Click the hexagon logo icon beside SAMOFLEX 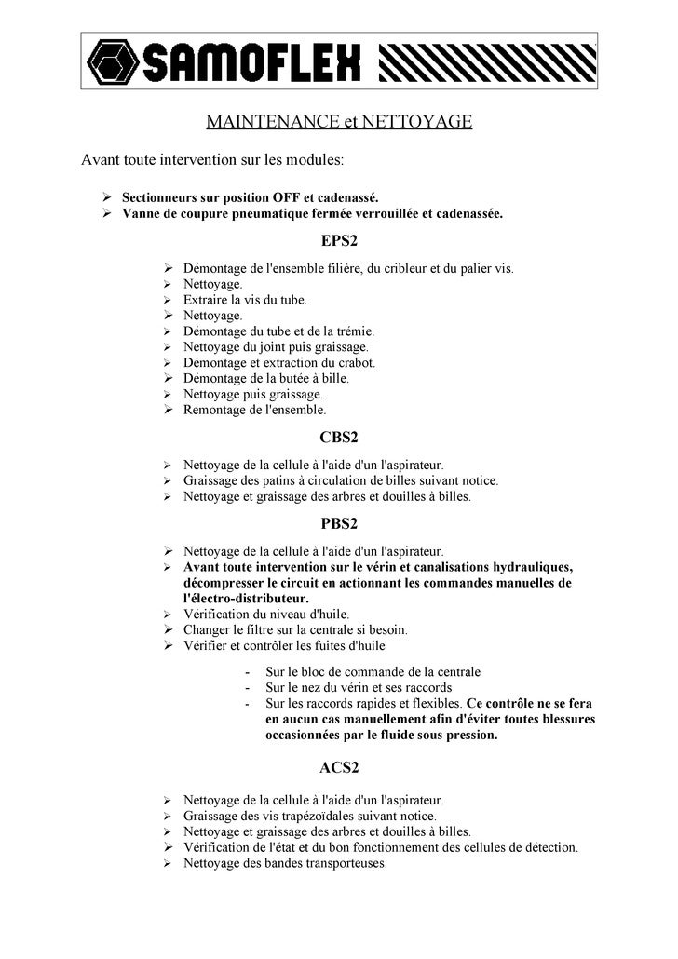112,61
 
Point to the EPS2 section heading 339,241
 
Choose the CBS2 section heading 339,437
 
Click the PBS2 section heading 339,523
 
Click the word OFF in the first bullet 285,197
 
